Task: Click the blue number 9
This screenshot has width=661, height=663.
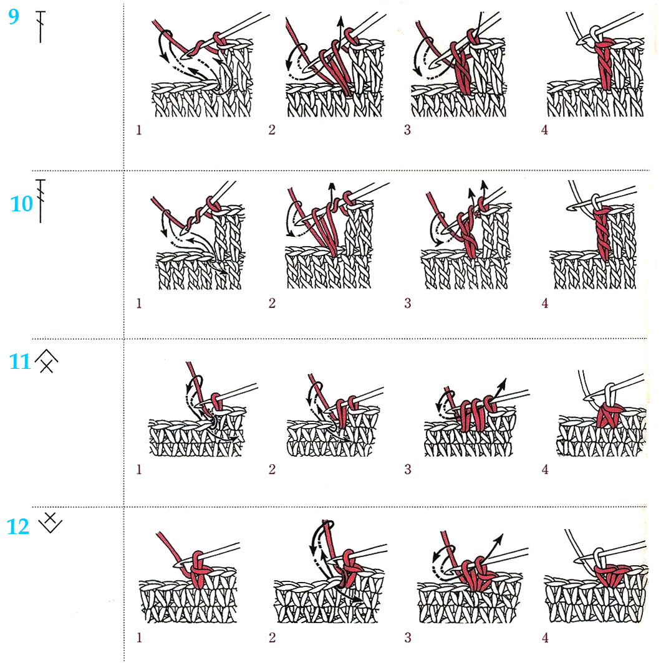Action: click(x=14, y=17)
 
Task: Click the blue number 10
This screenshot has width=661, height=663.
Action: click(x=21, y=204)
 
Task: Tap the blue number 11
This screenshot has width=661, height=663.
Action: click(x=19, y=362)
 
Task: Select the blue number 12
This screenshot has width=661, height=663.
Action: click(x=18, y=527)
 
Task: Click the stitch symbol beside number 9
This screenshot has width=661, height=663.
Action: click(x=41, y=27)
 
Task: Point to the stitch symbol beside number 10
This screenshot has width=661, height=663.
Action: click(x=41, y=201)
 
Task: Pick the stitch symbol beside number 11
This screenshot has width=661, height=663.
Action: click(x=47, y=362)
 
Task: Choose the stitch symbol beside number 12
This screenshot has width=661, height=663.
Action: click(x=50, y=523)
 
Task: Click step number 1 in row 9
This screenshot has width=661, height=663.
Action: click(x=139, y=130)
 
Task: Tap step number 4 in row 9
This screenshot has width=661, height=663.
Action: click(x=544, y=130)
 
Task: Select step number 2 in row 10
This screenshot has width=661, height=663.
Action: click(x=272, y=303)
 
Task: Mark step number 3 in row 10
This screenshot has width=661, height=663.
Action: click(x=408, y=303)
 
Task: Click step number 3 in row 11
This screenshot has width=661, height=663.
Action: click(x=408, y=469)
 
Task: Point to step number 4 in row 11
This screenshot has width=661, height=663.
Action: click(x=545, y=469)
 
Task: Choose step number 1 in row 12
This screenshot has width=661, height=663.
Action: click(x=139, y=638)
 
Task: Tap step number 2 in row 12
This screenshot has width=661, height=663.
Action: click(x=272, y=637)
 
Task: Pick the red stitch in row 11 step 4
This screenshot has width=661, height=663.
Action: click(x=610, y=415)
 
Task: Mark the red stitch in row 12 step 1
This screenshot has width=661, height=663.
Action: click(x=198, y=569)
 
